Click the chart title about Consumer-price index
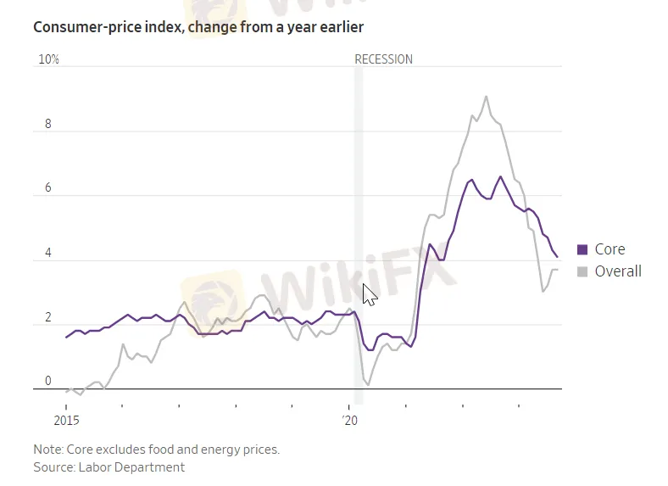(198, 27)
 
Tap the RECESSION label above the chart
(383, 59)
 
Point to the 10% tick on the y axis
(48, 60)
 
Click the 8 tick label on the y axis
(48, 124)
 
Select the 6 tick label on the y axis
(48, 188)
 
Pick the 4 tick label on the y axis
(48, 253)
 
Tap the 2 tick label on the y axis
(48, 317)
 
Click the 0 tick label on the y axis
(48, 382)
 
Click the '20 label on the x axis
(350, 420)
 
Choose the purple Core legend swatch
(582, 249)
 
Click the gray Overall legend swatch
(582, 271)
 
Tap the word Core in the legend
(610, 249)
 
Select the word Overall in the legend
(618, 271)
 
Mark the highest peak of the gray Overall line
(486, 97)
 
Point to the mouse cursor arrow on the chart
(369, 293)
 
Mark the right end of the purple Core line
(557, 256)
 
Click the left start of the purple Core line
(66, 338)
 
